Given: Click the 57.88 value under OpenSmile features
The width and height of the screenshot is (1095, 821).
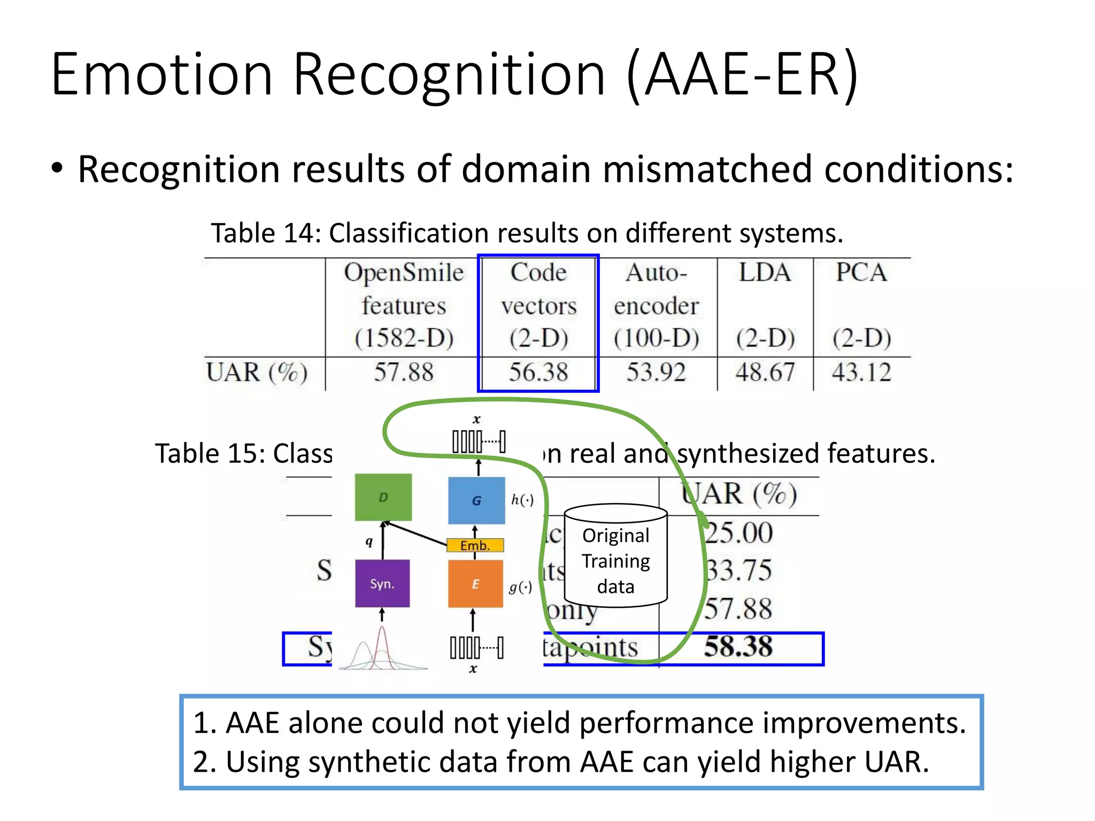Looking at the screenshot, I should click(x=403, y=373).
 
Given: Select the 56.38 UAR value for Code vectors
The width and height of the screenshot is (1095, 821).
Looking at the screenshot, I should click(x=538, y=373).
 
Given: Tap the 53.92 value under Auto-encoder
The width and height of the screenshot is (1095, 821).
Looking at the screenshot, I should click(x=656, y=373).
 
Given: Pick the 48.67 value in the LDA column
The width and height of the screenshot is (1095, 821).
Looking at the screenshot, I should click(x=765, y=373).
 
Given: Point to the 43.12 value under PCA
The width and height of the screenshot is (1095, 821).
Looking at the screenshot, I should click(x=861, y=373).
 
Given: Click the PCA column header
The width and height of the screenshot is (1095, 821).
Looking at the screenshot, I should click(x=861, y=273).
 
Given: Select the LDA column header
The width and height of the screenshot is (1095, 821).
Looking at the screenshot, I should click(x=765, y=273).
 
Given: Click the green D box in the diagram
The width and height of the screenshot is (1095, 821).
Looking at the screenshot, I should click(x=383, y=497).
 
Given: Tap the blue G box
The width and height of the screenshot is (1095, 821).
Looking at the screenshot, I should click(x=476, y=500).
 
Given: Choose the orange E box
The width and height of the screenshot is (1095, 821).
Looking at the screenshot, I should click(x=475, y=584).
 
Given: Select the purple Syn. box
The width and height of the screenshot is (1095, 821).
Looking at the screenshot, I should click(x=382, y=584).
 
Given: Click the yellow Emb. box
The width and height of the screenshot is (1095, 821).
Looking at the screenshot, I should click(x=475, y=545).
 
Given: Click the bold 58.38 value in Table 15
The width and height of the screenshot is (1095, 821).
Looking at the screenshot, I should click(x=738, y=647).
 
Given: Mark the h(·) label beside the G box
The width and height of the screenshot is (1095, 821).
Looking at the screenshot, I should click(x=522, y=500).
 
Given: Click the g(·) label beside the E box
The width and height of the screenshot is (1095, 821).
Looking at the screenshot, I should click(x=520, y=587).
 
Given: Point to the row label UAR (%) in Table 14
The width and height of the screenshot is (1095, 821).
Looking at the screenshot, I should click(x=257, y=373).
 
